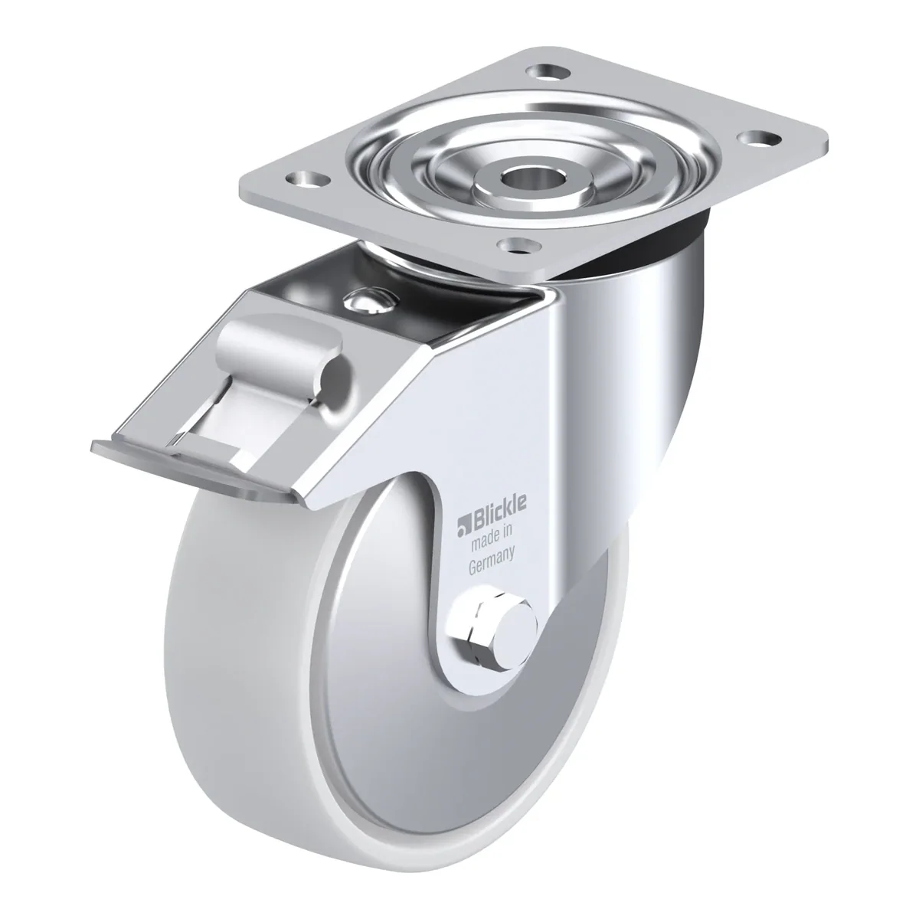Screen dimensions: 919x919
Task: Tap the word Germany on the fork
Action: pyautogui.click(x=491, y=563)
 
